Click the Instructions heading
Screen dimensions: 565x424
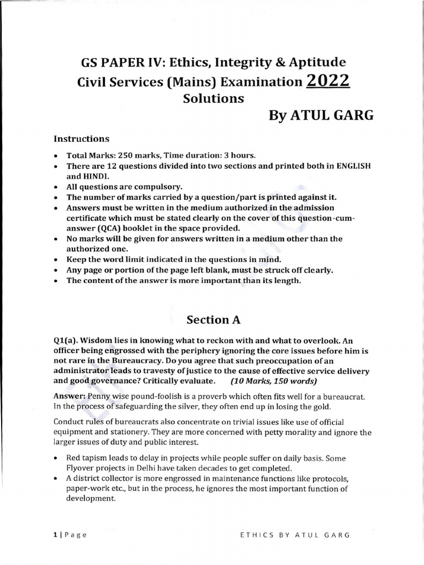[x=81, y=138]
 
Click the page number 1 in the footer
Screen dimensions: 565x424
[x=56, y=534]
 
